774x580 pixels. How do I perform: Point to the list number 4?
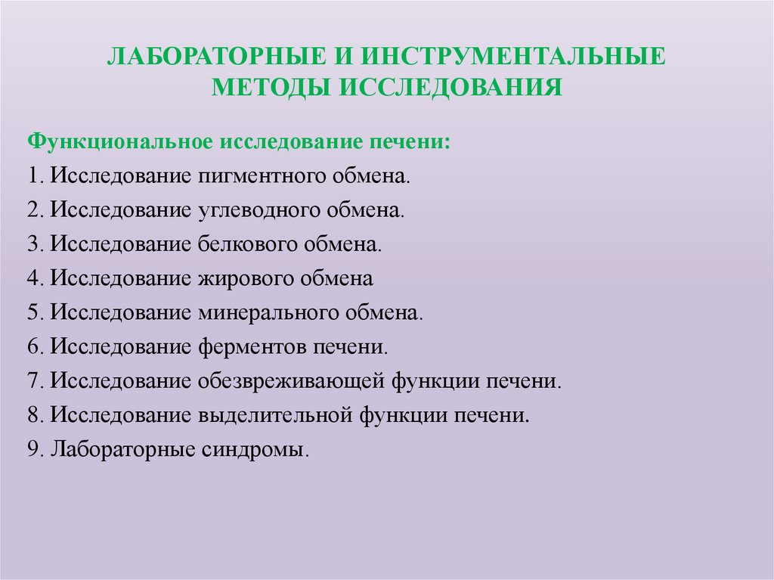coord(33,279)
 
